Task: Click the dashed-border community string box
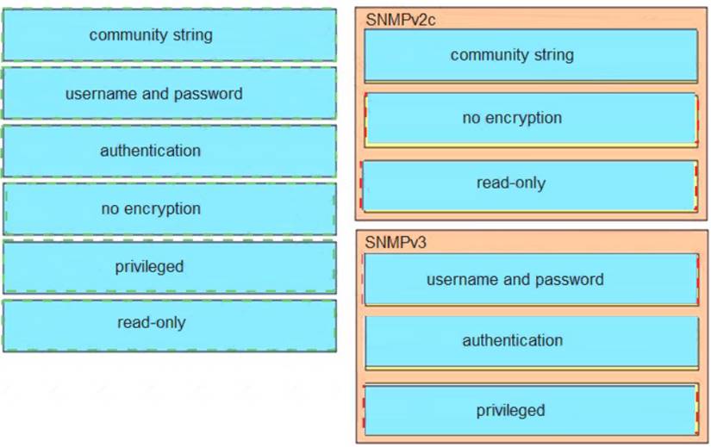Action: click(x=169, y=35)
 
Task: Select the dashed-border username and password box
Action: click(x=169, y=93)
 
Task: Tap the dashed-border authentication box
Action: click(x=169, y=151)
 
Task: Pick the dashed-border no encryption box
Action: click(x=169, y=208)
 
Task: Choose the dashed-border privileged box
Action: click(x=169, y=267)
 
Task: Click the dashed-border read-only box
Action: click(x=169, y=324)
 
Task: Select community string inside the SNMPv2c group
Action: click(x=530, y=55)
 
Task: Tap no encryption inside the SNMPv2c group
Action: click(x=530, y=119)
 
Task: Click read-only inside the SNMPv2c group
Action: click(x=530, y=183)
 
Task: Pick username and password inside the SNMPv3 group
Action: click(x=530, y=279)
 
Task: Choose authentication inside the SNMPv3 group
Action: click(x=530, y=341)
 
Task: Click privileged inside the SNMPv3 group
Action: click(x=530, y=410)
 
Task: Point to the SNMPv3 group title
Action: click(x=395, y=242)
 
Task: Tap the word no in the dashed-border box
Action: click(x=110, y=208)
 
